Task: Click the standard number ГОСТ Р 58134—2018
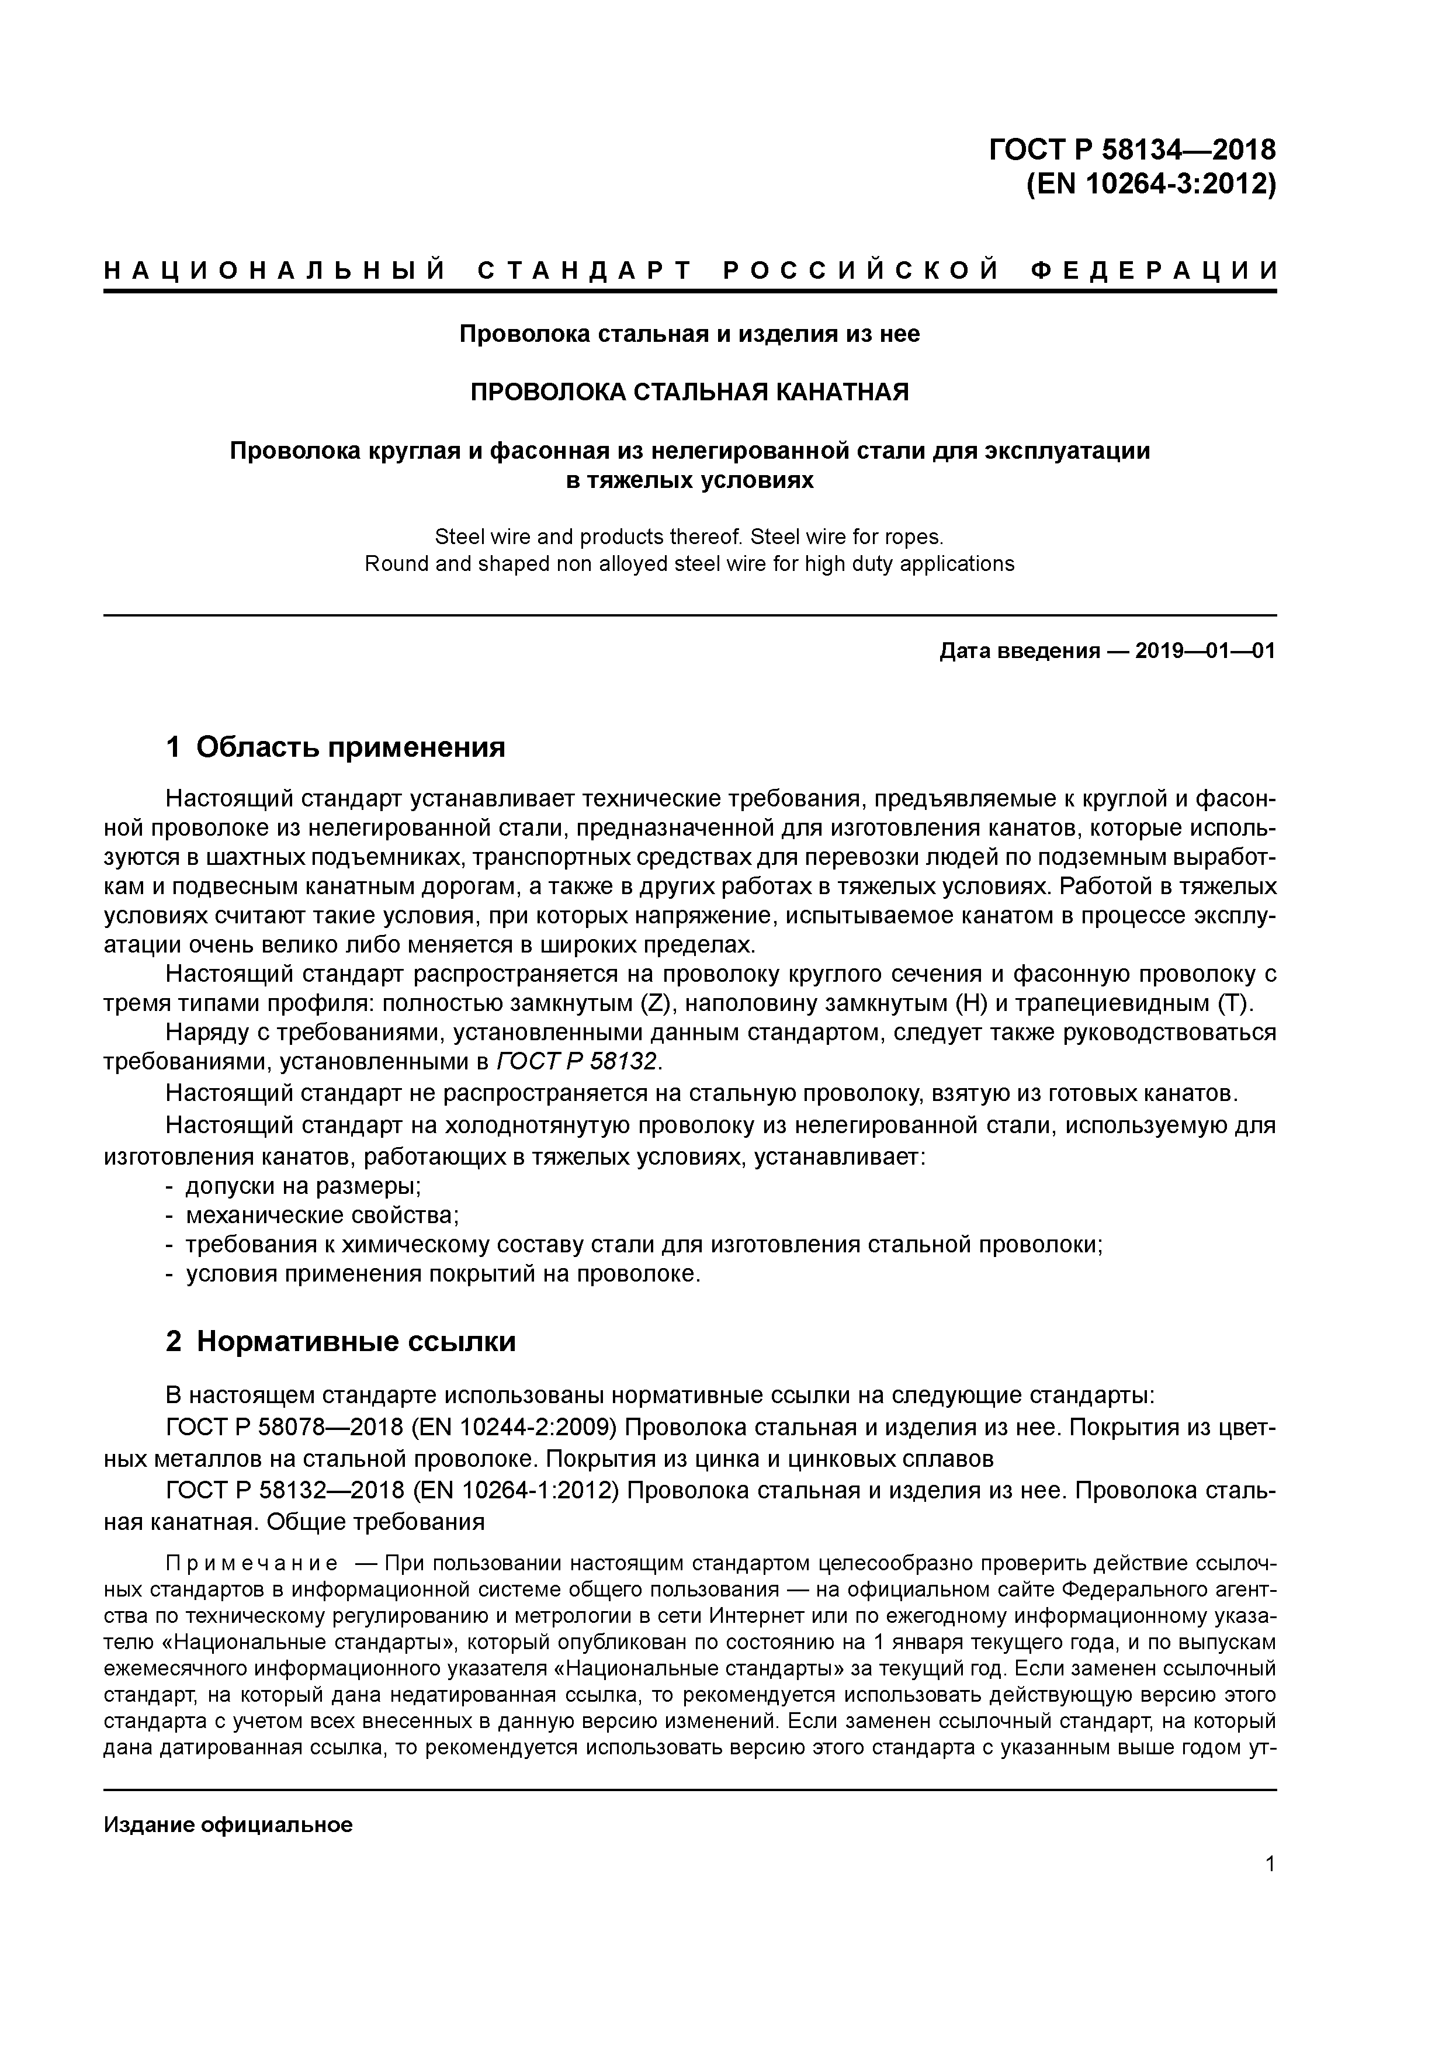tap(1132, 148)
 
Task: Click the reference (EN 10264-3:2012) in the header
tap(1152, 184)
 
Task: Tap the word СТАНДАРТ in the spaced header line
tap(585, 271)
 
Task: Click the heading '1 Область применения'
tap(336, 746)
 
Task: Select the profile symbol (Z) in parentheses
tap(654, 1003)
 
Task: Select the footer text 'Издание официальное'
tap(228, 1824)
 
